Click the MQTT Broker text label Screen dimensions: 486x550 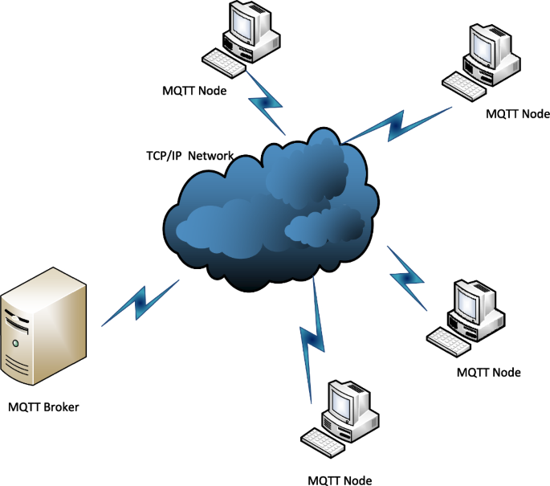[x=43, y=406]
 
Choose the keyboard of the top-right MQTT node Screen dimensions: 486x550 [x=465, y=84]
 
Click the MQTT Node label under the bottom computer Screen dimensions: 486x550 [x=340, y=480]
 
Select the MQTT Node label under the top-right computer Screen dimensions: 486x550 [x=518, y=114]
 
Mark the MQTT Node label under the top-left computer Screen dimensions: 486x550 [x=194, y=90]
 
